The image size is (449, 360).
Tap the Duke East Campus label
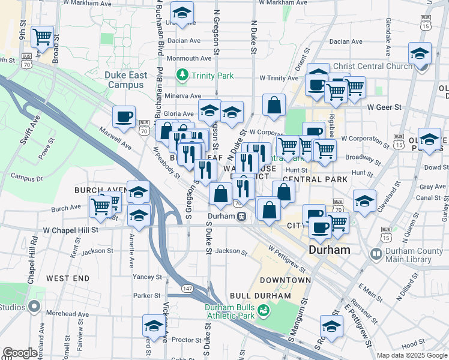pyautogui.click(x=124, y=80)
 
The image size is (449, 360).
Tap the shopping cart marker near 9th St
pyautogui.click(x=42, y=38)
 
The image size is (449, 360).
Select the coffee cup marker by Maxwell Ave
pyautogui.click(x=124, y=117)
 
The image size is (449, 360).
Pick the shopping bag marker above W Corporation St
pyautogui.click(x=274, y=106)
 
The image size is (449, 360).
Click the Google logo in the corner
pyautogui.click(x=19, y=353)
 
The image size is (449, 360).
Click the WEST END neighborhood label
pyautogui.click(x=68, y=278)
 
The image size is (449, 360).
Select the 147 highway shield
pyautogui.click(x=188, y=289)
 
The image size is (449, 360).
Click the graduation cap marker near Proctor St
pyautogui.click(x=154, y=326)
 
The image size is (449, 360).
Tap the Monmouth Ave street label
pyautogui.click(x=189, y=58)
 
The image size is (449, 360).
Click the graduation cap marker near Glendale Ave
pyautogui.click(x=420, y=53)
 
